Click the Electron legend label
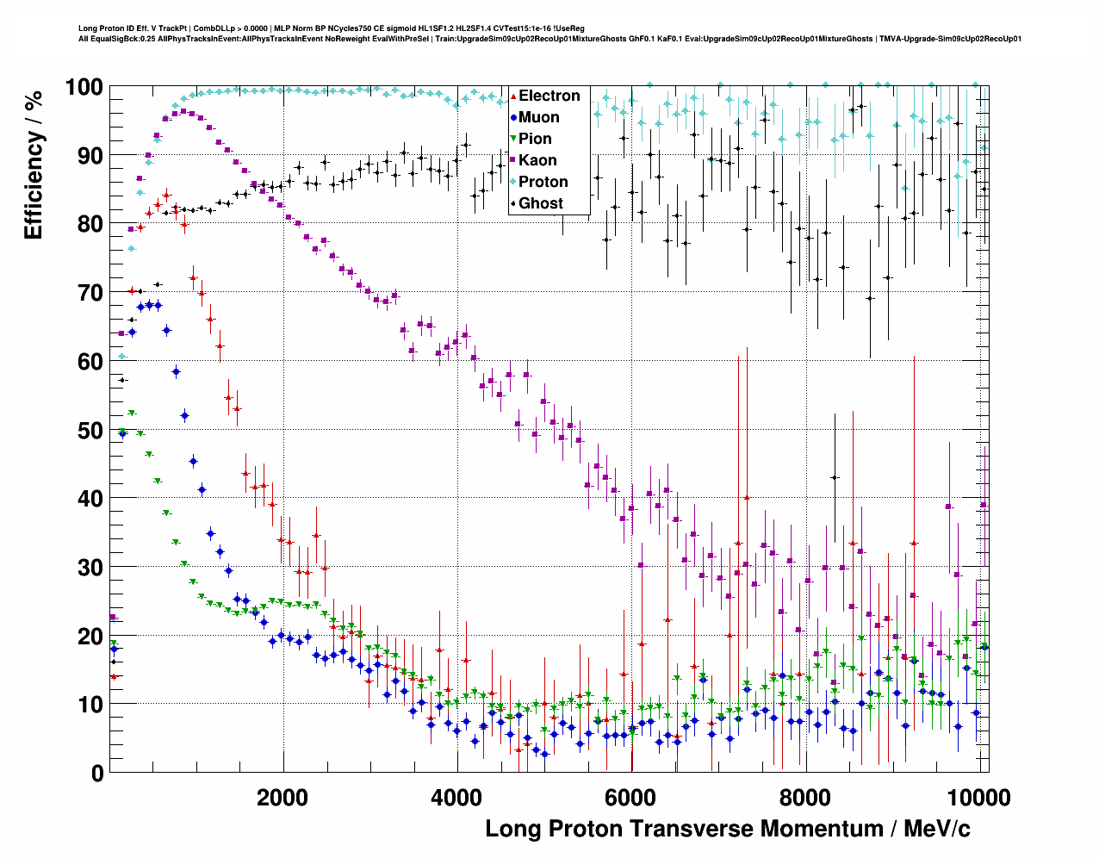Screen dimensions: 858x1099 click(x=549, y=96)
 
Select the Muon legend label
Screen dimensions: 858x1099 click(x=539, y=117)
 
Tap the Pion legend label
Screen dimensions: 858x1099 click(x=535, y=139)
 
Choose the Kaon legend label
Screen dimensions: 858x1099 click(x=537, y=160)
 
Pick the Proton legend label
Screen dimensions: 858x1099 click(x=543, y=182)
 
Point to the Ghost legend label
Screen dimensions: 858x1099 click(x=540, y=203)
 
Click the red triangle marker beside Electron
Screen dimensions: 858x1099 click(x=513, y=96)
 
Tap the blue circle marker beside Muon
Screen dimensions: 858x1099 click(x=513, y=117)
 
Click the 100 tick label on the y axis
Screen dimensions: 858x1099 click(x=84, y=87)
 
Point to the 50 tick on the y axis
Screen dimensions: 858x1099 click(x=90, y=430)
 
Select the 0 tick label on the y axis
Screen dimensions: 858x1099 click(x=96, y=773)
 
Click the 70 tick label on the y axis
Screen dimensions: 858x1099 click(x=90, y=293)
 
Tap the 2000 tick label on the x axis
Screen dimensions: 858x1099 click(x=282, y=797)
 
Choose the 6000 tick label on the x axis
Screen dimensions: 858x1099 click(x=631, y=797)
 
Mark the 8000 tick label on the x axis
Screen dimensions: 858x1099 click(x=805, y=797)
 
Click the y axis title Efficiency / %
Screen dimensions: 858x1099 click(x=34, y=164)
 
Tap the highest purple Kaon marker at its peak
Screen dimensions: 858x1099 click(x=183, y=111)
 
